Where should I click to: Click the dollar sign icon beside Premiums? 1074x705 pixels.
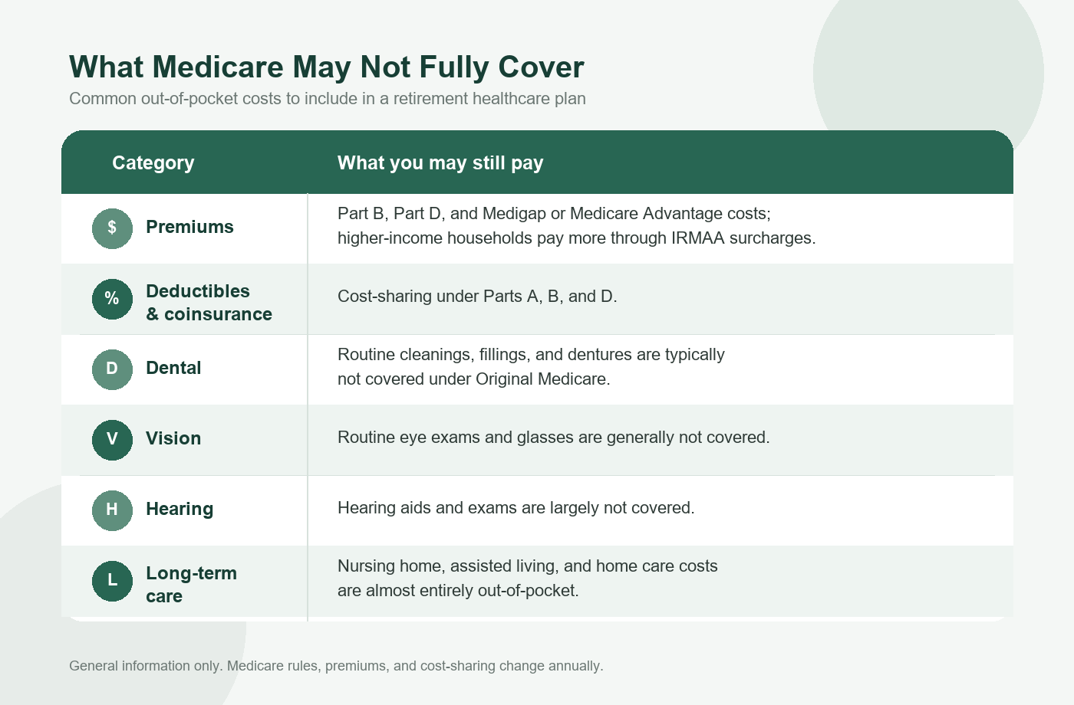point(112,228)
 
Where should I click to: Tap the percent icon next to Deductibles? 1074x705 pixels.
point(112,299)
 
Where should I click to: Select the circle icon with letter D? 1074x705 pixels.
point(112,369)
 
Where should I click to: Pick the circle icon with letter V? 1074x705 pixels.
point(112,440)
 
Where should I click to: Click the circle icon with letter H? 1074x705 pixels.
point(112,510)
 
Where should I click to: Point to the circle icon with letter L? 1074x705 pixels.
point(112,581)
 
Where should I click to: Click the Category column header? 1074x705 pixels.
point(153,163)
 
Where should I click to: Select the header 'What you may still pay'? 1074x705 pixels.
point(440,163)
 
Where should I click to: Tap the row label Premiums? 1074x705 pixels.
point(189,227)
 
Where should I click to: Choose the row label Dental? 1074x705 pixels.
point(173,368)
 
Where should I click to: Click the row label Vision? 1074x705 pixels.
point(173,438)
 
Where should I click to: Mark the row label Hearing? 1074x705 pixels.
point(180,509)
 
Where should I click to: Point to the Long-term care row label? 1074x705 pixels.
point(191,584)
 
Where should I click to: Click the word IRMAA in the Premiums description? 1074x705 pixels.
point(697,238)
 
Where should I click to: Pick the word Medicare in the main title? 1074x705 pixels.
point(218,67)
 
